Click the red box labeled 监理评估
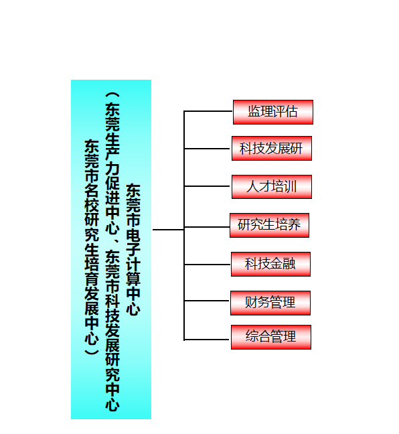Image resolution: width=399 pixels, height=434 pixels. pos(273,112)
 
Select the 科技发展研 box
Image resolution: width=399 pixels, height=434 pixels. pos(272,149)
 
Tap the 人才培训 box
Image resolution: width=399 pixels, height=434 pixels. pos(272,187)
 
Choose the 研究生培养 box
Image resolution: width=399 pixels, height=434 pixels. pos(269,225)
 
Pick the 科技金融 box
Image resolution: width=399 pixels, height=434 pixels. pos(270,264)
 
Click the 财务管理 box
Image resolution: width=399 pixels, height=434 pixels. pos(270,303)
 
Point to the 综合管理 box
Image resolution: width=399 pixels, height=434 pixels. pos(271,337)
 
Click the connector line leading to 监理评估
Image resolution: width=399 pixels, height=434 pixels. pos(208,111)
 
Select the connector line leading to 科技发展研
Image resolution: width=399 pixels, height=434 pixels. pos(208,149)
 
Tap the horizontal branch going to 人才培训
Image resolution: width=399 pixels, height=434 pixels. pos(208,186)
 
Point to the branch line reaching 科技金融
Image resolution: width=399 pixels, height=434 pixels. pos(208,265)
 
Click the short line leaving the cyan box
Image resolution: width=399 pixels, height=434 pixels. pos(168,230)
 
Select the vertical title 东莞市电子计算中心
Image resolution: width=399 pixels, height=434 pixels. pos(133,249)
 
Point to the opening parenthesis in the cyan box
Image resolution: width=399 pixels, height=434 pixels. pos(112,95)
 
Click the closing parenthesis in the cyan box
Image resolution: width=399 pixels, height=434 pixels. pos(92,352)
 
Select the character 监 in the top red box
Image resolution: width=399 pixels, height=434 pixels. pos(254,112)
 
